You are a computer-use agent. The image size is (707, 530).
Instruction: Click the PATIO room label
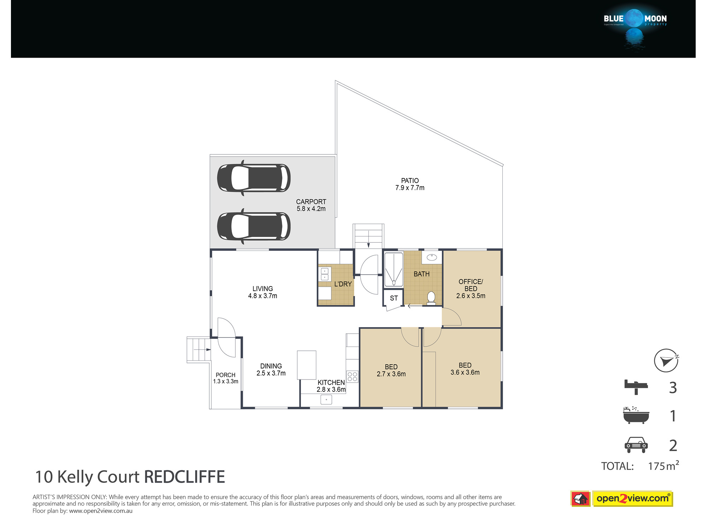(410, 181)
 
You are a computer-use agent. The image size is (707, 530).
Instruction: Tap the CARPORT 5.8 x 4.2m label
(311, 205)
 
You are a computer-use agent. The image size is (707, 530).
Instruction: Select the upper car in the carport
(254, 178)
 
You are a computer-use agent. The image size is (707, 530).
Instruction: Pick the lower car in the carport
(254, 226)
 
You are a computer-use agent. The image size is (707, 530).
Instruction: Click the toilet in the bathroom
(431, 298)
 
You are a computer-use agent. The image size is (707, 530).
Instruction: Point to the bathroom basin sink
(432, 257)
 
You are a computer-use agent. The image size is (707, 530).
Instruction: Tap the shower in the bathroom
(393, 269)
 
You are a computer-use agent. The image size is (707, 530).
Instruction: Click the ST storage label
(394, 298)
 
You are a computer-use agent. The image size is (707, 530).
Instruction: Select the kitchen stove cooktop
(352, 376)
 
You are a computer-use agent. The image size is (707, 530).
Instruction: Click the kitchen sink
(326, 400)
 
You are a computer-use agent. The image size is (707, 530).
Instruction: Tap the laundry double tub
(325, 274)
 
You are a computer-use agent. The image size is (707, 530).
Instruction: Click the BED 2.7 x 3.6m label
(391, 370)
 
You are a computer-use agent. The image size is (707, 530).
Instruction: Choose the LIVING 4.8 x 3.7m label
(263, 292)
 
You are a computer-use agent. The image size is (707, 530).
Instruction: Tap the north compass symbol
(666, 360)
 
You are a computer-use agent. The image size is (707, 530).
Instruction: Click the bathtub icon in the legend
(636, 415)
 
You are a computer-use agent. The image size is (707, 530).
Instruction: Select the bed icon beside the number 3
(636, 387)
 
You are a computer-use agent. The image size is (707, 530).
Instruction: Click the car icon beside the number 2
(636, 445)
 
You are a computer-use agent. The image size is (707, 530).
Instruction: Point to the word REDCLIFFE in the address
(185, 477)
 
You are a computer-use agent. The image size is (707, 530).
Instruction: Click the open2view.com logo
(621, 499)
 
